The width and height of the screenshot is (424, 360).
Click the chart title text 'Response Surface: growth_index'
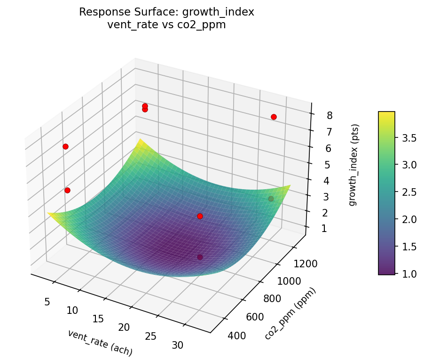[166, 12]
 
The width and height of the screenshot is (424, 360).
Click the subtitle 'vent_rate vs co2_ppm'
[166, 25]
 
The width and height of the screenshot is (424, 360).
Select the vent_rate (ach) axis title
[100, 343]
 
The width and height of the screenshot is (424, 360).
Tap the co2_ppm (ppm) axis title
[290, 313]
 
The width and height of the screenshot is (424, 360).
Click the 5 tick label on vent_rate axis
[47, 302]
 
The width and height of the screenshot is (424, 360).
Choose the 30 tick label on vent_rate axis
[178, 345]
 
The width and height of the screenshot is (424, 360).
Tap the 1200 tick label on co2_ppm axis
[304, 264]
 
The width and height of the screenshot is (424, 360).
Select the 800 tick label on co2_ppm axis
[272, 298]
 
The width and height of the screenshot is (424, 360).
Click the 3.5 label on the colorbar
[409, 138]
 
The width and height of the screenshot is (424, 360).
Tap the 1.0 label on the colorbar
[409, 273]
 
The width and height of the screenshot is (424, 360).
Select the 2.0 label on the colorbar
[409, 219]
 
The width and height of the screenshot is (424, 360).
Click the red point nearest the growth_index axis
[274, 117]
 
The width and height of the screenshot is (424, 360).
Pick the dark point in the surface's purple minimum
[200, 257]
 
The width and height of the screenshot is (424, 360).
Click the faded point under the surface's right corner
[271, 199]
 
